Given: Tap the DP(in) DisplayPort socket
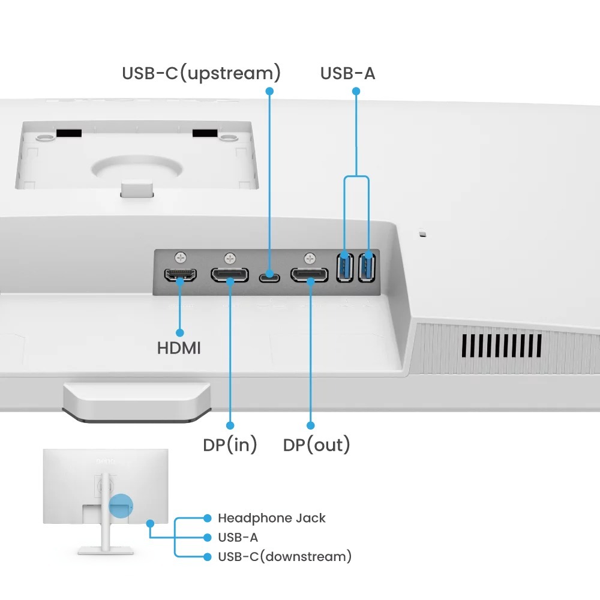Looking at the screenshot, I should click(x=230, y=275).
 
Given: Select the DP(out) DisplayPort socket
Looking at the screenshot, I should click(x=310, y=275).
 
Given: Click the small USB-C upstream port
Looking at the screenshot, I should click(x=269, y=278).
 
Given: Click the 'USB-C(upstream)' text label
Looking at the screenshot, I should click(x=201, y=73).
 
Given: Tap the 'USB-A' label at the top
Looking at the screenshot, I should click(x=347, y=73).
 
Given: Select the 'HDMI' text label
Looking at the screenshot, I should click(x=179, y=348).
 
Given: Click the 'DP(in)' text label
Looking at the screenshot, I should click(x=230, y=445).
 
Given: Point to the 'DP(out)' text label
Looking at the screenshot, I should click(x=316, y=445).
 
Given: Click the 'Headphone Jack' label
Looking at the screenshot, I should click(x=271, y=518).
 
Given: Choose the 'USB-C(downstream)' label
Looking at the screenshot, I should click(x=284, y=556).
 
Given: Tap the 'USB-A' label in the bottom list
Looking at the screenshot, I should click(x=238, y=537).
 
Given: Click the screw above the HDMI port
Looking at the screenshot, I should click(x=181, y=257).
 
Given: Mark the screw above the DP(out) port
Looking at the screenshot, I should click(x=310, y=258).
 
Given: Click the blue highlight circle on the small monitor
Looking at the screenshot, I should click(x=121, y=505).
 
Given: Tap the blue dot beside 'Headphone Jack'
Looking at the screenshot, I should click(x=208, y=518).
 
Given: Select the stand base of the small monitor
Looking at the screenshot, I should click(x=106, y=550).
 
